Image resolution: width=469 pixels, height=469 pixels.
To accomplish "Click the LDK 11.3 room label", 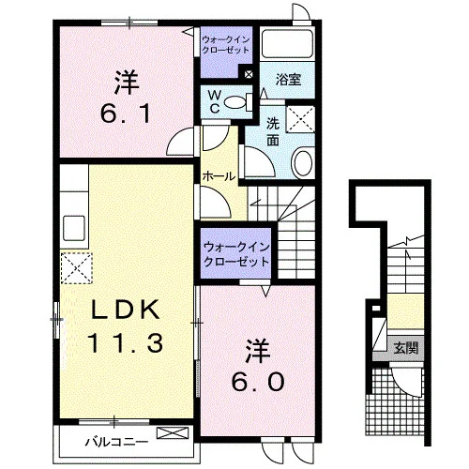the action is click(x=126, y=325).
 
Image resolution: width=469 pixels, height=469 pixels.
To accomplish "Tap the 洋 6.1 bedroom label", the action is click(x=127, y=97).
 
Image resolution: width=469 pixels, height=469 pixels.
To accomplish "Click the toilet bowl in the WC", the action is click(x=236, y=102).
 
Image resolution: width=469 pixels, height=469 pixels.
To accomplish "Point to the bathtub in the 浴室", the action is click(x=287, y=44).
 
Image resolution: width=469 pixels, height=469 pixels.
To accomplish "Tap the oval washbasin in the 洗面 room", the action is click(x=302, y=163).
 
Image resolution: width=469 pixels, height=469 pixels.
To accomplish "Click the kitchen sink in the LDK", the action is click(x=74, y=228).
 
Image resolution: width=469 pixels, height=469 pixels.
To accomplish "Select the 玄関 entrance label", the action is click(x=406, y=347).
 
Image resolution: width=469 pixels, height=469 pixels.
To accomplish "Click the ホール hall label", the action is click(x=219, y=177).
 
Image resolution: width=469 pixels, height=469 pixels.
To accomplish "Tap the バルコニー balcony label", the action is click(x=116, y=442).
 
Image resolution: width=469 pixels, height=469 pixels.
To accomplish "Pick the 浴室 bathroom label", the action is click(x=288, y=80).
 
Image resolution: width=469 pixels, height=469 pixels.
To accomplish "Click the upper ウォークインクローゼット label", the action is click(x=226, y=45).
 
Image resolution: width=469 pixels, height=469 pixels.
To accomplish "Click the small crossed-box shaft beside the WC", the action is click(x=249, y=74).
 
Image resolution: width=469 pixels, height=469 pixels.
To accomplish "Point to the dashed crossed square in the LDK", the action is click(x=77, y=268).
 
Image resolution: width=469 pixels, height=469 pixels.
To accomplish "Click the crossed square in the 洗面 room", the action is click(x=300, y=119).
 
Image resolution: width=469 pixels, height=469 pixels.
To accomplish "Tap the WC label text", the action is click(x=214, y=101).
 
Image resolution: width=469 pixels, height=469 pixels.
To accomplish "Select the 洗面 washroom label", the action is click(x=273, y=132).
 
